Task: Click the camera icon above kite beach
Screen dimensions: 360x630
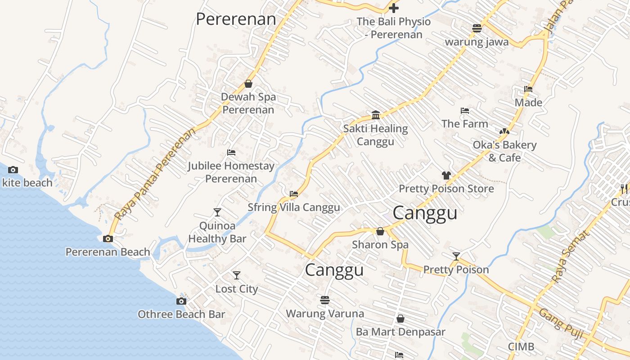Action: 13,170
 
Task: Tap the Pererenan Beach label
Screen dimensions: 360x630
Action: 108,252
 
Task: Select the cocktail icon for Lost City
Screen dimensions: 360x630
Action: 236,275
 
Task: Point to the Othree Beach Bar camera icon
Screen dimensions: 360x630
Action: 181,301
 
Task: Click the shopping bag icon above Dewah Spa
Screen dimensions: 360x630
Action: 248,84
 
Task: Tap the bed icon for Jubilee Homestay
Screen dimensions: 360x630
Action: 231,153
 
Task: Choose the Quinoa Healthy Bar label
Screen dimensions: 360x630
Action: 217,232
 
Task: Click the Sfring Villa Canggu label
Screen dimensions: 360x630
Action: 294,207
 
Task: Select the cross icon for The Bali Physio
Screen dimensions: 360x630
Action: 394,8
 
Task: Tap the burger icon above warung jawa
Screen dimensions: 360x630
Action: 477,28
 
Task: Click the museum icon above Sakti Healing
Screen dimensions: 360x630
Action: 376,115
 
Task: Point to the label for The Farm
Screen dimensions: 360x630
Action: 464,124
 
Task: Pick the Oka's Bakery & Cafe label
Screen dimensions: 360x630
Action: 504,151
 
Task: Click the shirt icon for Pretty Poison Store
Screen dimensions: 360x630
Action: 446,175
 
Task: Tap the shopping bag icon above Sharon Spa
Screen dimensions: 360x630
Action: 380,231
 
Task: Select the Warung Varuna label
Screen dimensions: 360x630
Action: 325,313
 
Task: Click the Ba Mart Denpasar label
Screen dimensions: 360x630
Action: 400,332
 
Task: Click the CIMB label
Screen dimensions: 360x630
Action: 521,347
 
